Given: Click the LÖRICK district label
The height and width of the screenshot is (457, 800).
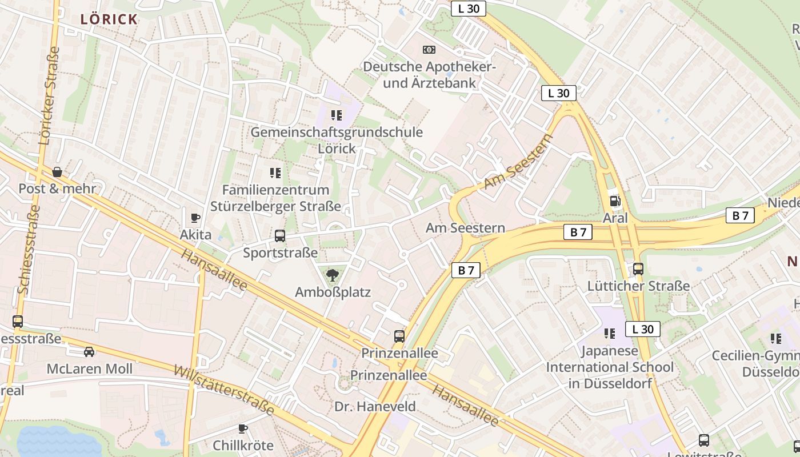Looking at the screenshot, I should click(109, 19).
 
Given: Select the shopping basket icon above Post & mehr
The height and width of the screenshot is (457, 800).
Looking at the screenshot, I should click(57, 172).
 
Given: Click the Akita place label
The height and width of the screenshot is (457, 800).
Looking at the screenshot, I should click(195, 235).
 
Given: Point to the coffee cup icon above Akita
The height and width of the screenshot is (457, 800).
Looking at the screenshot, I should click(195, 218).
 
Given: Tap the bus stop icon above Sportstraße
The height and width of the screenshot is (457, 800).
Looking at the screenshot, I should click(280, 235).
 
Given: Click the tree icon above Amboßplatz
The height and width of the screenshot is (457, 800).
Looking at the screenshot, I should click(332, 276).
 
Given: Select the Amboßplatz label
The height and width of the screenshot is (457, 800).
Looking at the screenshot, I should click(333, 292).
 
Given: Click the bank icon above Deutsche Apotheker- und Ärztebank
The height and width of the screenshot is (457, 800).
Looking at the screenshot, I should click(429, 50).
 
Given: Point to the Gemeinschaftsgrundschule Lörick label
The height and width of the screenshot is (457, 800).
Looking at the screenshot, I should click(337, 140).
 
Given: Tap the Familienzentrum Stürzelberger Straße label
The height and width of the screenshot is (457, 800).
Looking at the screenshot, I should click(275, 198).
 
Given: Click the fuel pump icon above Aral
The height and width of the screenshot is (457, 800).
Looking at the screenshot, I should click(615, 201).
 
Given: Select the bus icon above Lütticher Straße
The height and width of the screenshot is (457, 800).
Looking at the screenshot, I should click(638, 269).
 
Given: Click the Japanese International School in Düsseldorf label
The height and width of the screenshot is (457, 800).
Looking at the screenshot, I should click(610, 367).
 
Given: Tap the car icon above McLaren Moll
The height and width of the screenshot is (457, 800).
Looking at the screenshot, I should click(89, 352).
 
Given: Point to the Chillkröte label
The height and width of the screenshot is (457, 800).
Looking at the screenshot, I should click(243, 445).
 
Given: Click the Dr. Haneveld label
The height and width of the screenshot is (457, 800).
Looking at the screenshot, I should click(375, 407).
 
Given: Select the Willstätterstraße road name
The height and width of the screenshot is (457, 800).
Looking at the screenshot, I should click(224, 391).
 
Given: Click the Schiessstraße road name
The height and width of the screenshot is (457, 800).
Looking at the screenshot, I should click(29, 249).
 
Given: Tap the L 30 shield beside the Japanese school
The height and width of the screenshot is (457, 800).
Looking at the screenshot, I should click(643, 329).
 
